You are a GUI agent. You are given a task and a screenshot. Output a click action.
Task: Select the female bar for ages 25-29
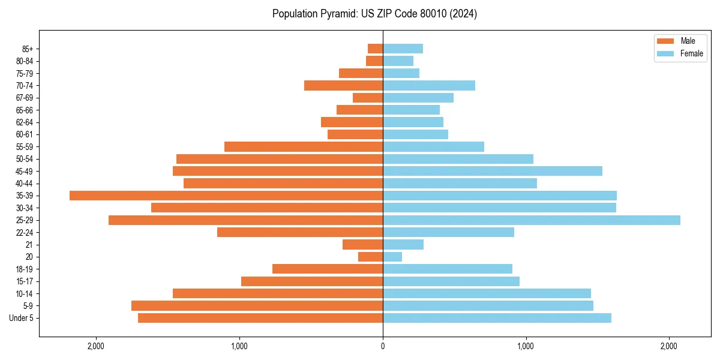(532, 220)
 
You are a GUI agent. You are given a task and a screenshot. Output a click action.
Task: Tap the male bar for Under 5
(260, 318)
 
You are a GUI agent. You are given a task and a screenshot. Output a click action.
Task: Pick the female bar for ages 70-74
(429, 86)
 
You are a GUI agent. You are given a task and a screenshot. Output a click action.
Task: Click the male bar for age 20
(370, 257)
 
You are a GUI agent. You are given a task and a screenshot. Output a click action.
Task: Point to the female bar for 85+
(403, 49)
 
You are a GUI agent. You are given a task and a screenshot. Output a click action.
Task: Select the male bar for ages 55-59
(304, 147)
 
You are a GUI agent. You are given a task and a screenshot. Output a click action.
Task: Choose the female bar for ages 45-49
(493, 171)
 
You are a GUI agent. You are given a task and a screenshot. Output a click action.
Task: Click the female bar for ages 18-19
(448, 269)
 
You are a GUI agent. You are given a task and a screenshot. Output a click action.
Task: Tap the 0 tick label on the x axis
(383, 346)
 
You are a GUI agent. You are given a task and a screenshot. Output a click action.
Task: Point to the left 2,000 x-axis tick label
(96, 346)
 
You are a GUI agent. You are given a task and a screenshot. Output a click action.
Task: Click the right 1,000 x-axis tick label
(526, 346)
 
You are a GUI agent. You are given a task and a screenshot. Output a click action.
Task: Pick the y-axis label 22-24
(25, 233)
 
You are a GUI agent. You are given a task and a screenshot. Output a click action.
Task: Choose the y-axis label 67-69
(25, 98)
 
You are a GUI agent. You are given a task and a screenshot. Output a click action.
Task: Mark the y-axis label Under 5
(22, 318)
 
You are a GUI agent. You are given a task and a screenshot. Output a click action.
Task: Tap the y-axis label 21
(29, 245)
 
